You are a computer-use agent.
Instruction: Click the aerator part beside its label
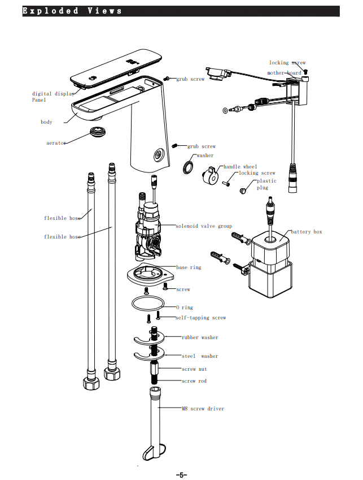click(x=99, y=134)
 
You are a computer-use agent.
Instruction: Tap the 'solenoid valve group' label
click(x=204, y=226)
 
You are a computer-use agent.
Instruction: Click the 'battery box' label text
click(x=307, y=232)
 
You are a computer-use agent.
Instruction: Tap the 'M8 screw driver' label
click(x=203, y=408)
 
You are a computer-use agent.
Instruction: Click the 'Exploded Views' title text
click(x=72, y=11)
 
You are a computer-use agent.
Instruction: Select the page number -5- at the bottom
click(x=181, y=475)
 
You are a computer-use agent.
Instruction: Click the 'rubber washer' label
click(x=200, y=338)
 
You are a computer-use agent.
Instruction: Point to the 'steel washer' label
click(x=200, y=356)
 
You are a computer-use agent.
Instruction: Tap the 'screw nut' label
click(x=194, y=369)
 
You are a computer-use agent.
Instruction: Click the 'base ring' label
click(x=189, y=267)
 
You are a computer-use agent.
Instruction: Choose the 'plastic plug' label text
click(x=266, y=184)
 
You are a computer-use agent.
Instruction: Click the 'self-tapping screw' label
click(x=200, y=318)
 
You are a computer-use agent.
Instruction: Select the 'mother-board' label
click(x=285, y=73)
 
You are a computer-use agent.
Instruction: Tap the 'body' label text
click(x=46, y=122)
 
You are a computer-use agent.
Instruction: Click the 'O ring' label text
click(x=184, y=308)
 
